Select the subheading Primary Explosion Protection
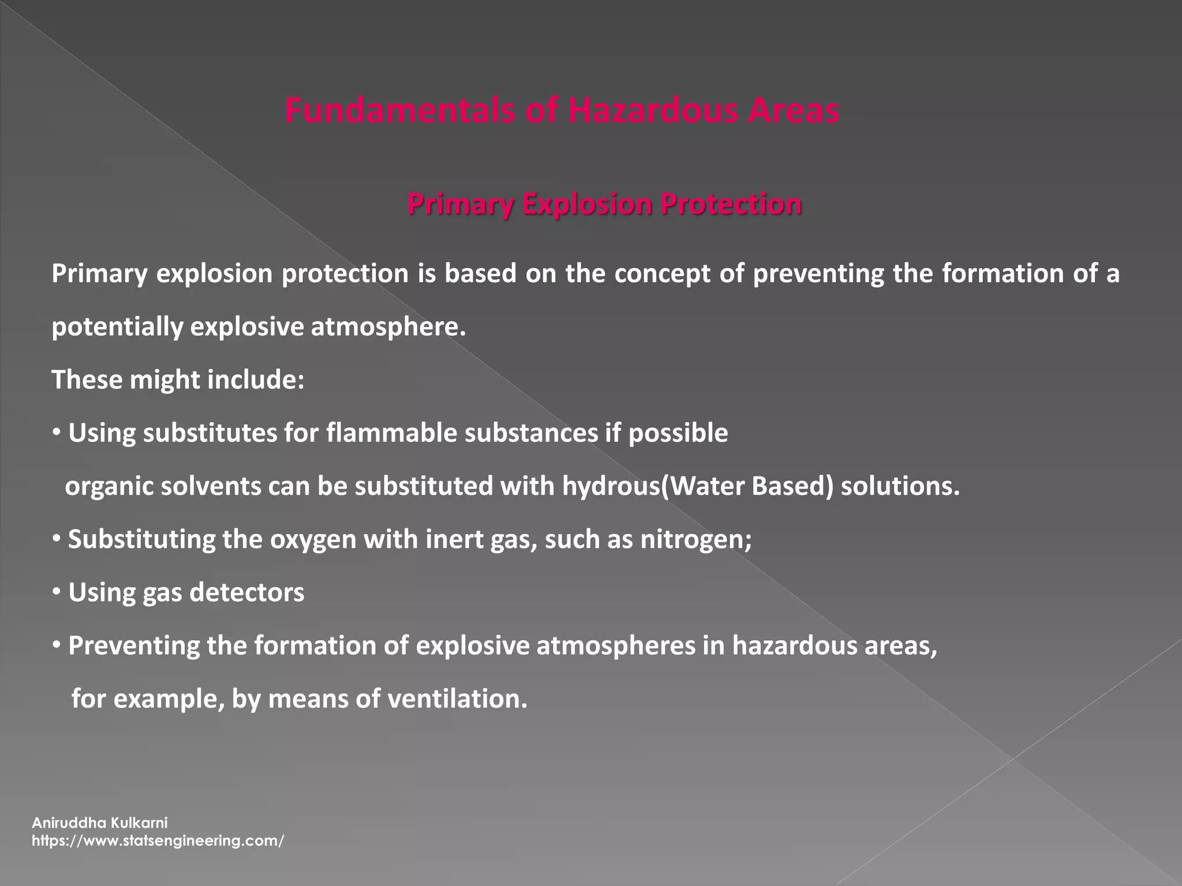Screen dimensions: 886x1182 604,204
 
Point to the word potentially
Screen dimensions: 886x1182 117,327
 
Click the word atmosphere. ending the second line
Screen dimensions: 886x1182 388,327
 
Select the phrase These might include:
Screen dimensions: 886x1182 178,380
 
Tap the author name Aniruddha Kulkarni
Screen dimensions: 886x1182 99,823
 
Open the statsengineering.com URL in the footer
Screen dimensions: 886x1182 158,840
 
